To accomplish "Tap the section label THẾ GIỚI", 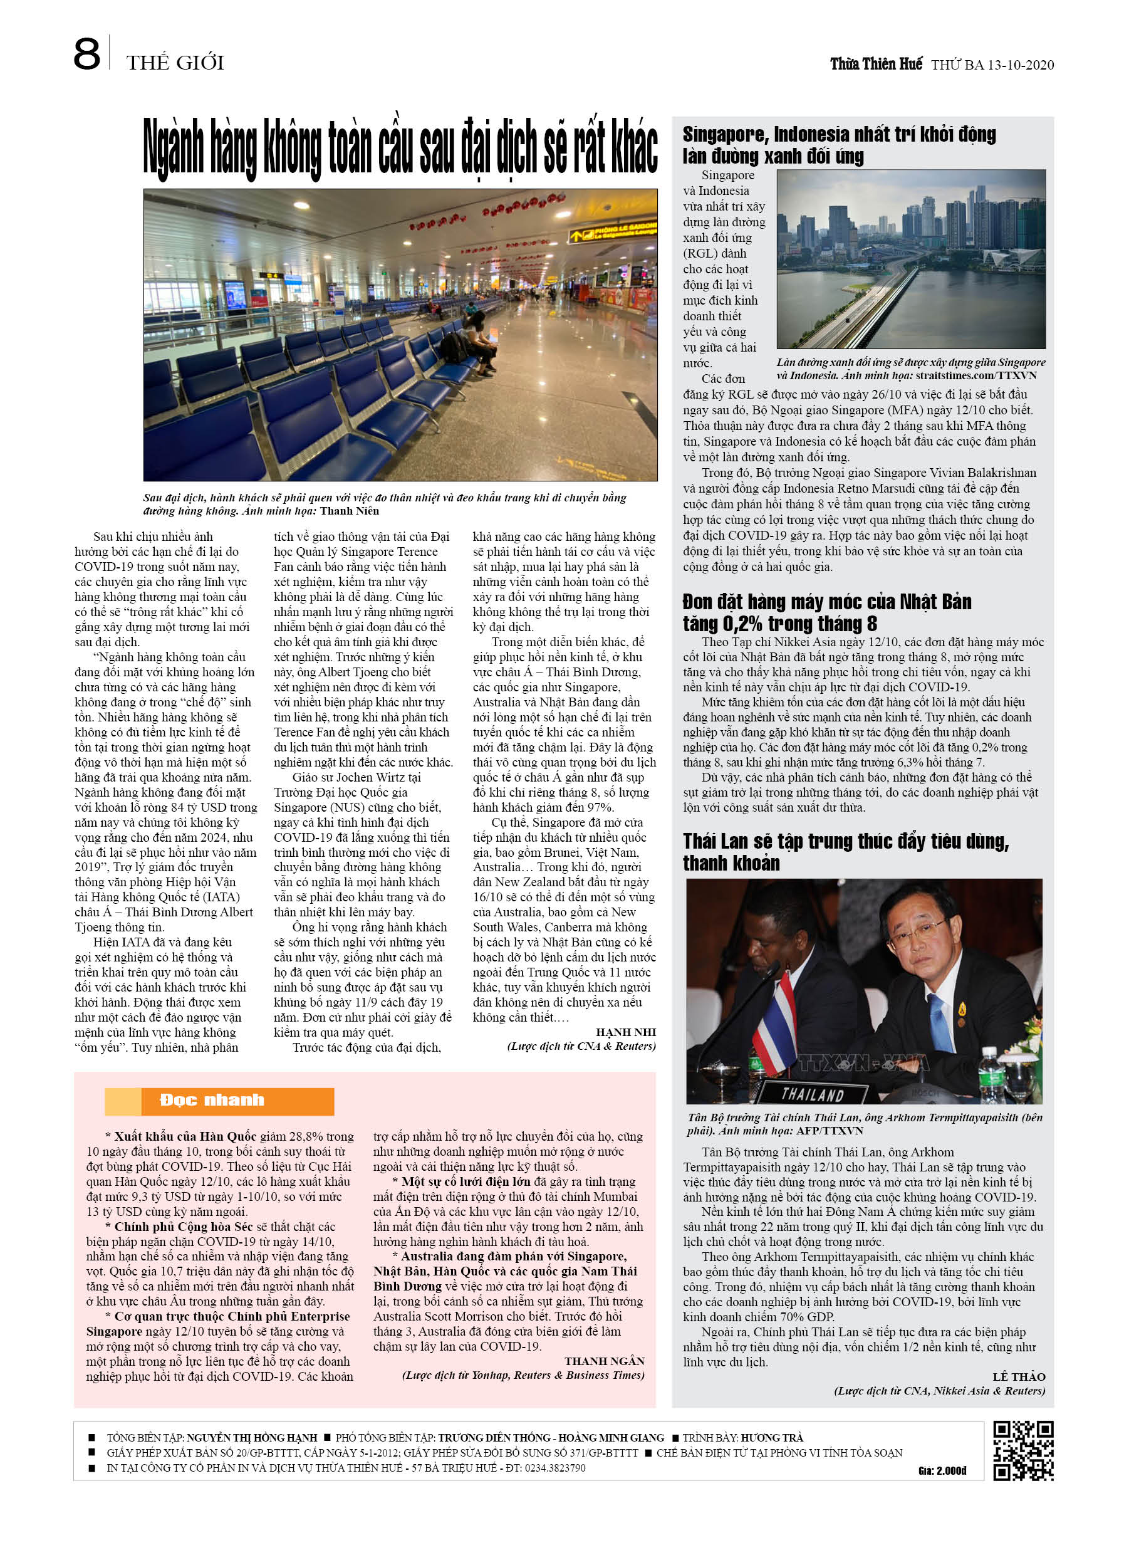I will click(x=175, y=63).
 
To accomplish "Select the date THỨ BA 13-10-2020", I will click(x=992, y=65).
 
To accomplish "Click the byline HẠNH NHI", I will click(x=625, y=1032).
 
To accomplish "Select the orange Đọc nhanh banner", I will click(x=219, y=1101).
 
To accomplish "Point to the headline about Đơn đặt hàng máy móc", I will click(x=826, y=612).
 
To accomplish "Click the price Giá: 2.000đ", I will click(x=942, y=1470).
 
